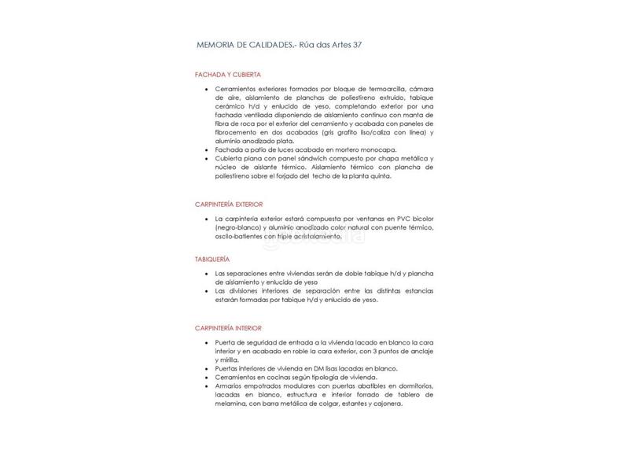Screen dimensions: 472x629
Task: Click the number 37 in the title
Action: coord(355,45)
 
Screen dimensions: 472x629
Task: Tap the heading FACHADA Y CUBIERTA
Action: coord(228,74)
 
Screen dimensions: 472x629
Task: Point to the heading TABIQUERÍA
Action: coord(212,259)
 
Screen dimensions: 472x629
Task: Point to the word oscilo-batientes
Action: coord(239,236)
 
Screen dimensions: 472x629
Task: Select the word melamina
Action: coord(231,404)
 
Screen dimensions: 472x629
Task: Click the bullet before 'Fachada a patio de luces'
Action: coord(206,149)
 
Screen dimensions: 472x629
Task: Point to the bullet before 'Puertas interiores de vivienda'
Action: coord(206,369)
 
